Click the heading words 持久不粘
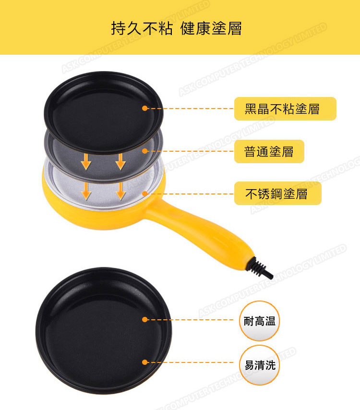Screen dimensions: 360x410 [x=142, y=28]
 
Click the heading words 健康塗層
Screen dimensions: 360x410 [x=211, y=28]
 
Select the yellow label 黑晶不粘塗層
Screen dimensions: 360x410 [x=285, y=109]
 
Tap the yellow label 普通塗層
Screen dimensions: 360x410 [x=269, y=151]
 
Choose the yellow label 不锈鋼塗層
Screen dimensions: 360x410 [x=277, y=193]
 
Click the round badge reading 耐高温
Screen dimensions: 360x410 [x=259, y=321]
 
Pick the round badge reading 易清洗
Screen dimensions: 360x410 [x=259, y=365]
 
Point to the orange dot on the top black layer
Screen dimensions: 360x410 [x=145, y=108]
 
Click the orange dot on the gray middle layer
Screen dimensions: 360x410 [x=145, y=151]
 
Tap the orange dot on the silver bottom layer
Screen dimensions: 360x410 [x=145, y=193]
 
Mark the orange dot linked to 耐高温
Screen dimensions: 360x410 [x=145, y=319]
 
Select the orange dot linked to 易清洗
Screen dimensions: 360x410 [x=145, y=362]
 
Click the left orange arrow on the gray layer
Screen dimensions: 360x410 [x=86, y=162]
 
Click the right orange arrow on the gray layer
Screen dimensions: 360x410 [x=120, y=162]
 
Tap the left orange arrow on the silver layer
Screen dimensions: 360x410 [x=86, y=191]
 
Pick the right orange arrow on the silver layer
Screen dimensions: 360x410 [x=120, y=191]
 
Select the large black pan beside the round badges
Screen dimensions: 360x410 [x=104, y=330]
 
